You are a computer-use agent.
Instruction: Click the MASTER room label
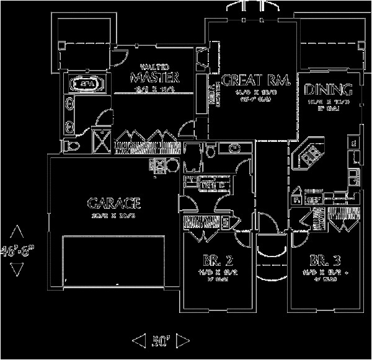pyautogui.click(x=154, y=78)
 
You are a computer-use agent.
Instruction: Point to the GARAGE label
pyautogui.click(x=115, y=202)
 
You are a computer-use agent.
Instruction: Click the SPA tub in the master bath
pyautogui.click(x=86, y=82)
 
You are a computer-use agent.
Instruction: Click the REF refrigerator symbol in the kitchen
pyautogui.click(x=314, y=200)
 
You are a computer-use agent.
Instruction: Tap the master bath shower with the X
pyautogui.click(x=99, y=137)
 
